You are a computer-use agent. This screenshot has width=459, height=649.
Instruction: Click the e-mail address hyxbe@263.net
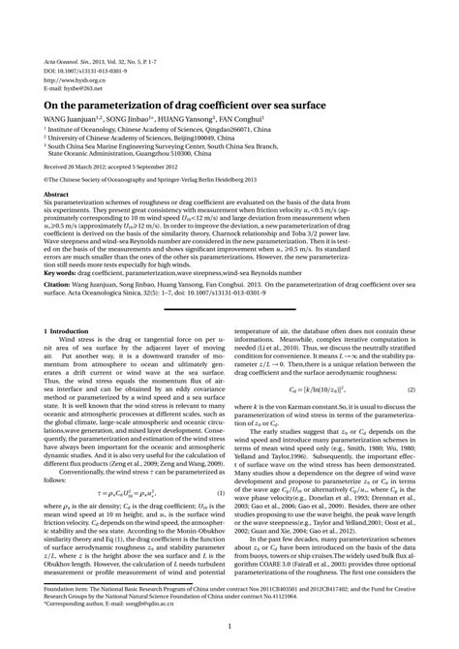pos(78,88)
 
